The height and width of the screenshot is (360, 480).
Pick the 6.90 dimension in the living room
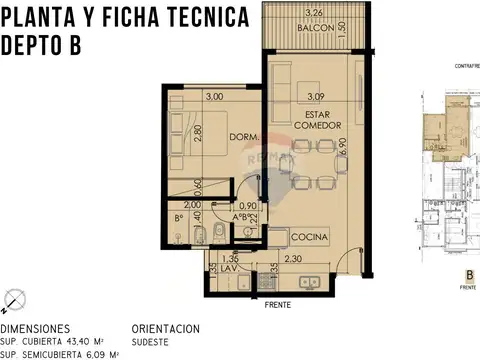click(x=342, y=147)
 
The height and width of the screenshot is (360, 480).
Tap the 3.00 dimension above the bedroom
click(x=213, y=98)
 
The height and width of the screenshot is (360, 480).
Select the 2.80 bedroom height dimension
click(x=198, y=132)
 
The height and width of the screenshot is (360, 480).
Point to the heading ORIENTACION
click(x=166, y=328)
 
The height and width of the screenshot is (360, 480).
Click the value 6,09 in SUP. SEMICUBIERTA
click(x=102, y=354)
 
